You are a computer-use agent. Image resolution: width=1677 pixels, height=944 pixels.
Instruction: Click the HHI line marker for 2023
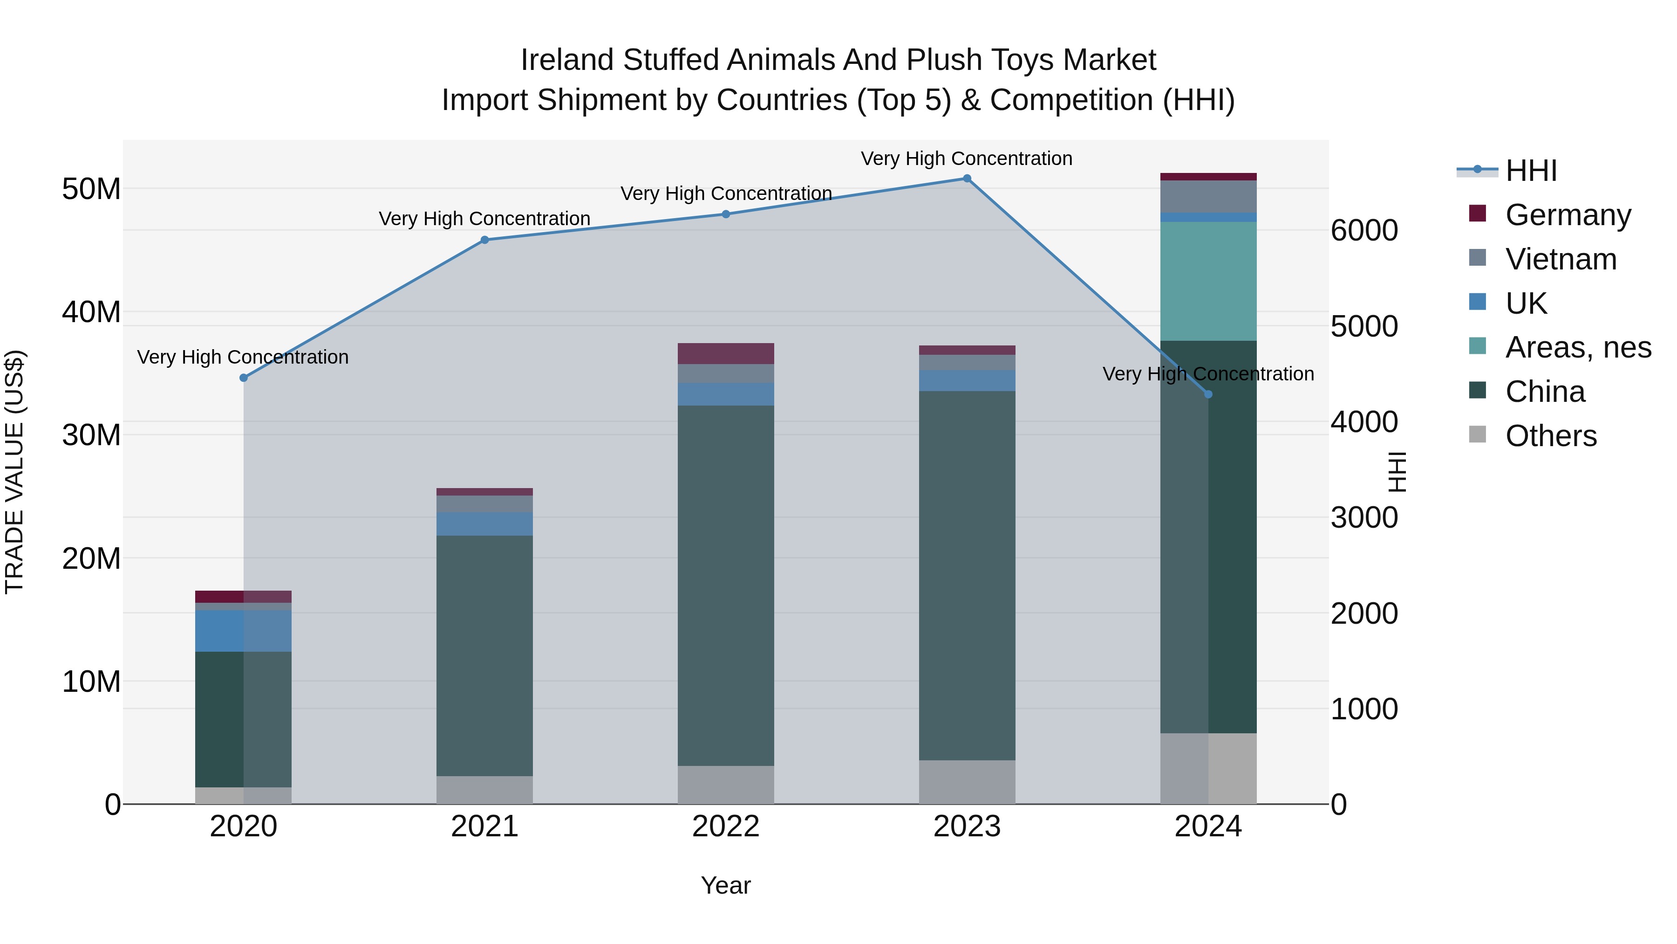967,179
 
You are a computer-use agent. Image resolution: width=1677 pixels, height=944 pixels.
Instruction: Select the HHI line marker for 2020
244,378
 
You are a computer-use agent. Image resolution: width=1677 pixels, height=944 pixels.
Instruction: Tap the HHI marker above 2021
484,240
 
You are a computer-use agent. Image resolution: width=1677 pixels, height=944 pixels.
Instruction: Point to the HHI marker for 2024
1208,394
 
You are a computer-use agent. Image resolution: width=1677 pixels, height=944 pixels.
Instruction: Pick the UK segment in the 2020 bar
244,631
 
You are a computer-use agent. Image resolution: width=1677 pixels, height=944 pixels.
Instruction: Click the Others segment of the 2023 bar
967,782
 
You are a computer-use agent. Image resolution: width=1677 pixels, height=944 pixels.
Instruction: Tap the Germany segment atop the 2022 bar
726,353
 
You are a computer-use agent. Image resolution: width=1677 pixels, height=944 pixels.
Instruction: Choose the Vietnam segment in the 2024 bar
1208,196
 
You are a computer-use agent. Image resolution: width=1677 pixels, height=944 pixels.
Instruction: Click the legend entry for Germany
1568,215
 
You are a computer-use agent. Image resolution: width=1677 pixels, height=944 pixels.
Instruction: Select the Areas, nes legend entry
1578,347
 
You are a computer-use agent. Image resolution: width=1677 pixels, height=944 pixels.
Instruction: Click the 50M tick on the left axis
91,189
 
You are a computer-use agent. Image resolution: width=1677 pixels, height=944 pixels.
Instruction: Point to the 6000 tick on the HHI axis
1364,231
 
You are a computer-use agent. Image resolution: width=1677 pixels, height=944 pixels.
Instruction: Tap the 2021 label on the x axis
484,827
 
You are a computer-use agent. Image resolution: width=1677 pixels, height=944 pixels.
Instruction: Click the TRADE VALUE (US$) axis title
14,472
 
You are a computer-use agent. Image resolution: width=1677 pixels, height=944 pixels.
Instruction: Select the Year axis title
725,885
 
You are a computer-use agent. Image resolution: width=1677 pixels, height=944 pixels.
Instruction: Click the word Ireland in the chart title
567,60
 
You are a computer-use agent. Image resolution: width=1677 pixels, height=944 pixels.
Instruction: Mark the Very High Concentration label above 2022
726,193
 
